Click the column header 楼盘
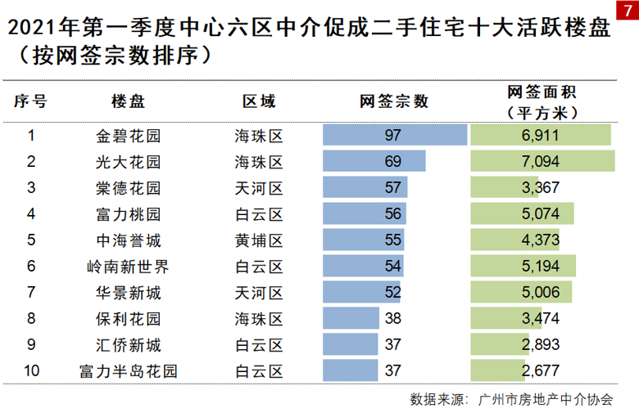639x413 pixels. (129, 101)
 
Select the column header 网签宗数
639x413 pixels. (394, 101)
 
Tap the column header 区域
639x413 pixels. (259, 101)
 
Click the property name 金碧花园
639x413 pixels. (129, 135)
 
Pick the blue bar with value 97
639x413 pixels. (394, 135)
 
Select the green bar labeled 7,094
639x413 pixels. (542, 161)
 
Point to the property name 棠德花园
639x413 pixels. (129, 188)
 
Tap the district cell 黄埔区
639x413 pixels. (259, 240)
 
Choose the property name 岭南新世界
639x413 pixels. (129, 267)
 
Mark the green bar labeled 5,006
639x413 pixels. (521, 293)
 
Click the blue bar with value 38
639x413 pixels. (351, 319)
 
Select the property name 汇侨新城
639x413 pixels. (129, 345)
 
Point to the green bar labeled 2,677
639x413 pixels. (498, 371)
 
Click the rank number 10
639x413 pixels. (32, 371)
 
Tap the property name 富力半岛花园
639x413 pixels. (129, 371)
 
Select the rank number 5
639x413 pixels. (32, 240)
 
